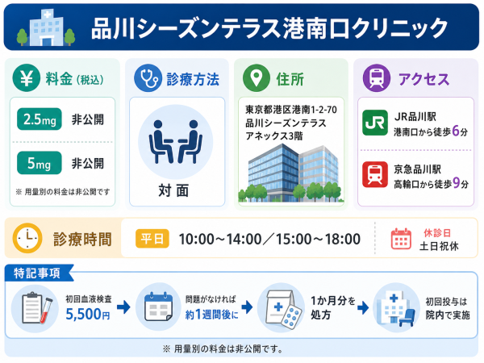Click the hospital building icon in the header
[46, 27]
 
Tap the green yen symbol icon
[27, 78]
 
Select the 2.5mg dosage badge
[40, 119]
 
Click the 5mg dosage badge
[40, 163]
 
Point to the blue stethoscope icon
[148, 78]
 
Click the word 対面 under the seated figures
[173, 190]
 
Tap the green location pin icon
[257, 78]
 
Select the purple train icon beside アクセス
[377, 78]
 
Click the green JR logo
[375, 123]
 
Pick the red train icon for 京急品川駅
[375, 174]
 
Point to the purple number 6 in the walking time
[456, 131]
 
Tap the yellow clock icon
[27, 238]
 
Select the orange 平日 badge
[152, 239]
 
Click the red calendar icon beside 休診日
[401, 239]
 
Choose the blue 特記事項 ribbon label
[39, 273]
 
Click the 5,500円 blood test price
[88, 315]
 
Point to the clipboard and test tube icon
[35, 309]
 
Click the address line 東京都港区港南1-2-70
[291, 110]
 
